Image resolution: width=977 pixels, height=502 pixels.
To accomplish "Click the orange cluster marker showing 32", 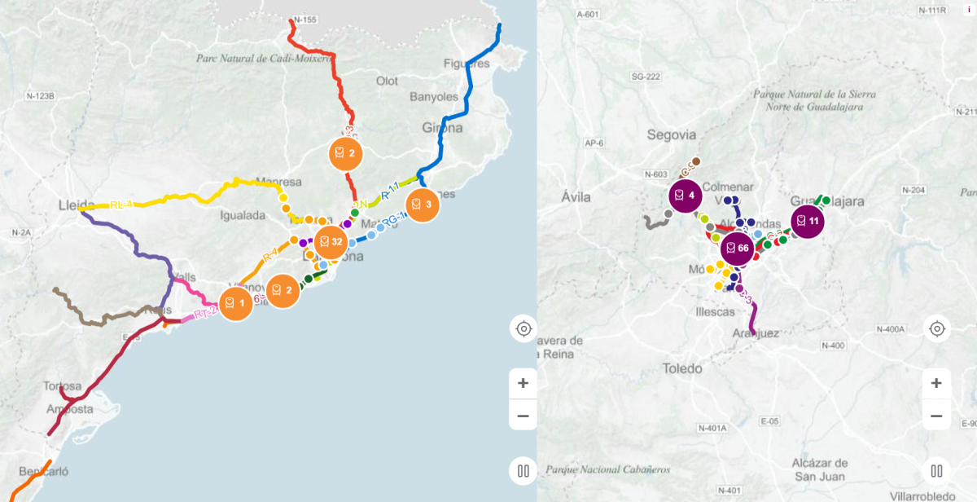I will [330, 241].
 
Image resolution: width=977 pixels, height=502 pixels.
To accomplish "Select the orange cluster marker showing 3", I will [422, 205].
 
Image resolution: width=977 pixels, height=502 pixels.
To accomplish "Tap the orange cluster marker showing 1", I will [234, 303].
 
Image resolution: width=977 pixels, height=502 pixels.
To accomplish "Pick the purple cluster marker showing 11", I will [808, 222].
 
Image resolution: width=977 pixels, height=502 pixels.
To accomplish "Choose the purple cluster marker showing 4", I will [686, 196].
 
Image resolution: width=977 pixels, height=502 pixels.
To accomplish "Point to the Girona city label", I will [442, 128].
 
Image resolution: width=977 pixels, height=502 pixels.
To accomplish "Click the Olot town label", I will [387, 81].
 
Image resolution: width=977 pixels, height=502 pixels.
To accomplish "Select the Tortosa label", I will [63, 385].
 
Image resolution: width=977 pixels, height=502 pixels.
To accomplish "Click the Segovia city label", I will [672, 134].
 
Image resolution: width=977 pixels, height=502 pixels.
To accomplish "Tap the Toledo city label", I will [682, 368].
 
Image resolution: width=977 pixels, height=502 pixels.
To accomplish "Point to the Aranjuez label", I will [756, 333].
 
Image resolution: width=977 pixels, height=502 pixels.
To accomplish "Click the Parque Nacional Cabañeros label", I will [608, 469].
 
